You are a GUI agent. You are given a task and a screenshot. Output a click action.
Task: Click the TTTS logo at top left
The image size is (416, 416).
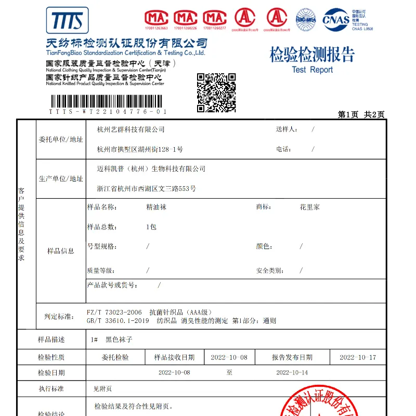(68, 20)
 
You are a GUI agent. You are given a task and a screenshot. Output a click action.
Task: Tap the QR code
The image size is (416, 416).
(216, 93)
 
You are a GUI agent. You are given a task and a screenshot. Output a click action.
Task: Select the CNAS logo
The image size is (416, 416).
(336, 20)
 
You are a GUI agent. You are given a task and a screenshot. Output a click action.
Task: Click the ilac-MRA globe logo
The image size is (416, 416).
(306, 20)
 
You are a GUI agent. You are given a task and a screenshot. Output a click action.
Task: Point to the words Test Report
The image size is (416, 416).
(312, 70)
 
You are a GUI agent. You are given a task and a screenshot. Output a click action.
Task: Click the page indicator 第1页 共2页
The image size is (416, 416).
(361, 114)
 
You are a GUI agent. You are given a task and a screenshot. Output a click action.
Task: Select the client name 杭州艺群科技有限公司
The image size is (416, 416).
(131, 129)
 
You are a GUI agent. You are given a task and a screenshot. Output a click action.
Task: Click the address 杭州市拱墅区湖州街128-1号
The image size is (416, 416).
(140, 149)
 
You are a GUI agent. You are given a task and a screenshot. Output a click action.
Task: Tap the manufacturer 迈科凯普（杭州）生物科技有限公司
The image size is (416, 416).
(151, 169)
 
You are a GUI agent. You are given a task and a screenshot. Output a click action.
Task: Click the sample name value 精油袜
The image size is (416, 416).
(157, 207)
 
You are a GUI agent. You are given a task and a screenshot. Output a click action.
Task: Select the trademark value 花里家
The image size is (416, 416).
(309, 207)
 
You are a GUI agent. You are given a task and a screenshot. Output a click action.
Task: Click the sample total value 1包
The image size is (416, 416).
(151, 227)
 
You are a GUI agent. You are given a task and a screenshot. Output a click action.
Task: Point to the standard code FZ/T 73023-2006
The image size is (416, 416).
(113, 312)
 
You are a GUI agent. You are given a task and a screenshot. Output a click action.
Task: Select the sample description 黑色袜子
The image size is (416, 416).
(119, 340)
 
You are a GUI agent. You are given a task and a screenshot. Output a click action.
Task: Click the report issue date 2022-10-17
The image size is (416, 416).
(358, 358)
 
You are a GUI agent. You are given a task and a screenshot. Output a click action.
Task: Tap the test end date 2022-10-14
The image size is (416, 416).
(292, 373)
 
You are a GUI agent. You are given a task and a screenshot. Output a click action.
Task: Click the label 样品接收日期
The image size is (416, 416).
(174, 358)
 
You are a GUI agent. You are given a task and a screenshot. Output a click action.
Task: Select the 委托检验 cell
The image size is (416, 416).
(115, 358)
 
